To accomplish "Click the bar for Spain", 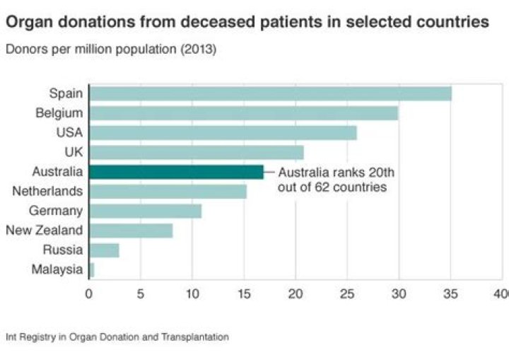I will click(x=270, y=93).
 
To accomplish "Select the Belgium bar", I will click(x=243, y=112).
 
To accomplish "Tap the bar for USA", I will click(x=223, y=132).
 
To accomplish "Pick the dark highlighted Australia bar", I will click(x=176, y=171).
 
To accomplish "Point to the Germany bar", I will click(x=145, y=211).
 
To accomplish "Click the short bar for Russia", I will click(x=104, y=250).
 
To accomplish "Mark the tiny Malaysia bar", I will click(x=91, y=269).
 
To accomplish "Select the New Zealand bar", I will click(x=131, y=230).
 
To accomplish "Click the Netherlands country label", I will click(x=47, y=191).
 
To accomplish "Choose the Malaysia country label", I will click(x=57, y=269).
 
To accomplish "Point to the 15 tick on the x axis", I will click(x=244, y=292).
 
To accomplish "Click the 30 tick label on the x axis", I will click(x=399, y=292).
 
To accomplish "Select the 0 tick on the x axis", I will click(x=89, y=292).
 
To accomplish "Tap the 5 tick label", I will click(x=141, y=292).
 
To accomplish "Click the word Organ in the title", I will click(x=28, y=23).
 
